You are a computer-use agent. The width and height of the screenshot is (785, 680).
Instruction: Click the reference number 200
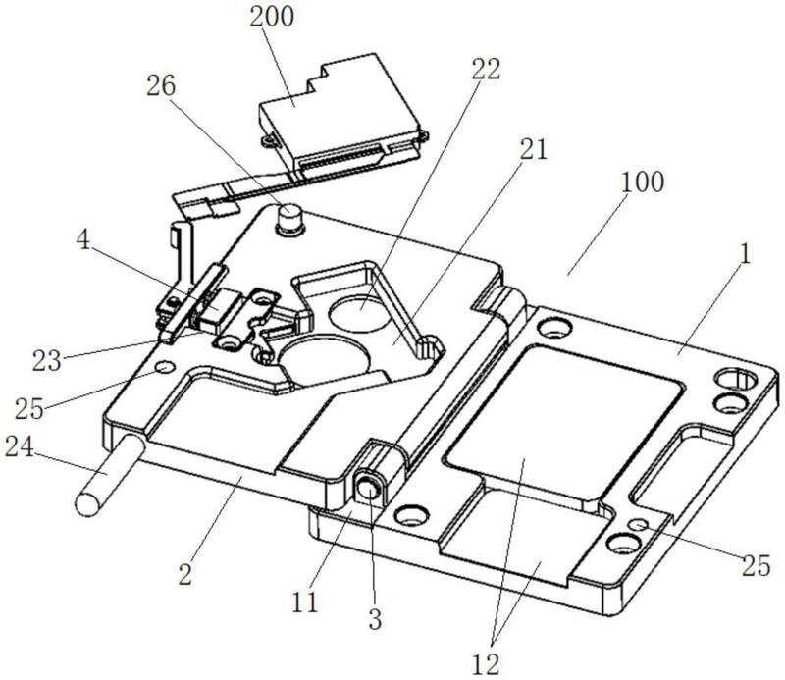[272, 17]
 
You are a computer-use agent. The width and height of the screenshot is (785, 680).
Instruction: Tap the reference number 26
[161, 86]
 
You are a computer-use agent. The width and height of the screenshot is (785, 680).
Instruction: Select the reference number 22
[486, 69]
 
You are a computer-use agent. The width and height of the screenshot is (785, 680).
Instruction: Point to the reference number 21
[534, 149]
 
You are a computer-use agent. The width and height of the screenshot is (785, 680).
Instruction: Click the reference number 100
[643, 182]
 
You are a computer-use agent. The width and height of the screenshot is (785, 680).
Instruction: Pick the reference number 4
[83, 239]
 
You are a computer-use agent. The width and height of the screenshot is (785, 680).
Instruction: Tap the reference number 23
[46, 360]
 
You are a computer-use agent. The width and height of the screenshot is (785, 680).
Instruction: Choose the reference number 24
[19, 446]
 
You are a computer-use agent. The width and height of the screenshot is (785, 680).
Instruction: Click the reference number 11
[305, 602]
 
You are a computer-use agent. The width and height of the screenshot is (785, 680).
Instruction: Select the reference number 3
[375, 619]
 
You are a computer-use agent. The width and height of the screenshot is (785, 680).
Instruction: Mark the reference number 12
[486, 665]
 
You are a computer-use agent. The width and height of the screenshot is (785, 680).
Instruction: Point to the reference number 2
[185, 575]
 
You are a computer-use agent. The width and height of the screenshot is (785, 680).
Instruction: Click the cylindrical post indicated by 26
[290, 220]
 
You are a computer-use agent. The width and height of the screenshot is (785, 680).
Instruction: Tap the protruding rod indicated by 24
[109, 476]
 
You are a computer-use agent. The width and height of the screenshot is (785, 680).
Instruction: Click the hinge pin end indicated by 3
[369, 488]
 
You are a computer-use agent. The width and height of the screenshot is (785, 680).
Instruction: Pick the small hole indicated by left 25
[165, 368]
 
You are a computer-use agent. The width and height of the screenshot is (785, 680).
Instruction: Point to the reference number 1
[746, 254]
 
